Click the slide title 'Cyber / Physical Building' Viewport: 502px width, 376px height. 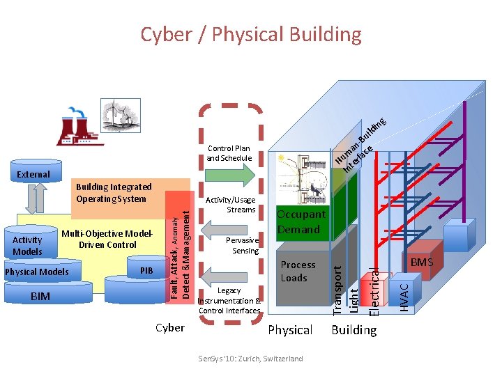point(251,34)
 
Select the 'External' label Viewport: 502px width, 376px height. point(33,174)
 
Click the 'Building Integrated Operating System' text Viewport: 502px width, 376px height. point(114,193)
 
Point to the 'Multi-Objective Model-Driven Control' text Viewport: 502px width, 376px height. point(107,239)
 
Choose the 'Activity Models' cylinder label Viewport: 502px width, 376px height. point(28,246)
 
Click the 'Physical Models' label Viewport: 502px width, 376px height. point(37,272)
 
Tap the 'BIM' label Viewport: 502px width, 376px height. point(40,297)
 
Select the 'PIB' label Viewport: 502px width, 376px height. point(146,270)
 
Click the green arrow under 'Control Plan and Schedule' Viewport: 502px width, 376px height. point(229,175)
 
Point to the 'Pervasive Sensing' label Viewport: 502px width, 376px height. point(243,245)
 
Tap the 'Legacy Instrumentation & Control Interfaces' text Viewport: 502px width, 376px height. point(229,300)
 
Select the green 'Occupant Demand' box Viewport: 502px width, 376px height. point(301,222)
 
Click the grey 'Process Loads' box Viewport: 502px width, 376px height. point(298,272)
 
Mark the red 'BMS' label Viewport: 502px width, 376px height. point(421,263)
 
